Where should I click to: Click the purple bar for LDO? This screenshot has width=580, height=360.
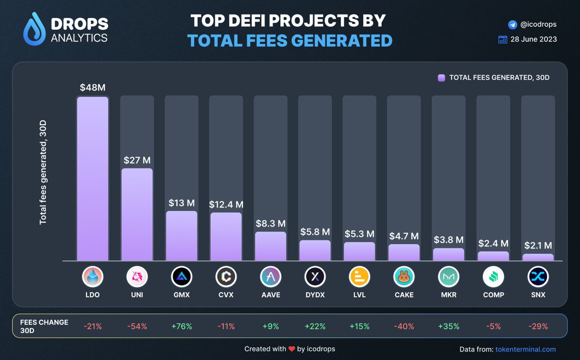[92, 178]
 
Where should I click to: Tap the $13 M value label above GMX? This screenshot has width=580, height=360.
[181, 202]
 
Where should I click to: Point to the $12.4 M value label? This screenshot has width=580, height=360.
[226, 205]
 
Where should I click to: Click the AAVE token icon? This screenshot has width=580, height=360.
[271, 277]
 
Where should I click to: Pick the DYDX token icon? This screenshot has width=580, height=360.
[315, 277]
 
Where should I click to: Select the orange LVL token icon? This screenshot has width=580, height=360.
[359, 277]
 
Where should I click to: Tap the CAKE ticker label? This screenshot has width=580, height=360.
[404, 295]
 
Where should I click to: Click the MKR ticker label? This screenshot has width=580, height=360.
[448, 295]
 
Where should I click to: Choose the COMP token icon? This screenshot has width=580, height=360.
[493, 277]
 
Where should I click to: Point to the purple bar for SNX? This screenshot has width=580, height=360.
[538, 257]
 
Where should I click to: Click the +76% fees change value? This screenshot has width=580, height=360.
[182, 326]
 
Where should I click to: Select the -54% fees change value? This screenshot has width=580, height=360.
[137, 326]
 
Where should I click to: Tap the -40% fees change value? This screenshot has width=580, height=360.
[404, 326]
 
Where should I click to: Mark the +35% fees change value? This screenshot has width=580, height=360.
[448, 326]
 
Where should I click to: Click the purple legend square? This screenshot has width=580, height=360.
[441, 77]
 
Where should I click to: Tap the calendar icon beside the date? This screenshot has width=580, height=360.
[503, 39]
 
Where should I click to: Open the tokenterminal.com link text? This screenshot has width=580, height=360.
[526, 349]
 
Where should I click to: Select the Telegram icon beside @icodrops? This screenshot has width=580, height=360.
[512, 24]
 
